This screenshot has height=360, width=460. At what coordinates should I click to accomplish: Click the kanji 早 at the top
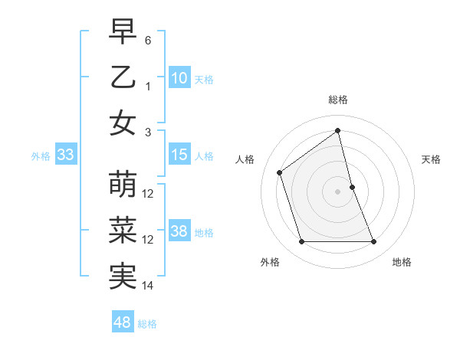point(123,32)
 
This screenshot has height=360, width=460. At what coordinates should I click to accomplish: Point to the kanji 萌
point(123,185)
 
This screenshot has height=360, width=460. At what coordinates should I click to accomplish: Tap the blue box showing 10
point(179,78)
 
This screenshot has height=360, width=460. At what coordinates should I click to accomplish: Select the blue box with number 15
point(179,155)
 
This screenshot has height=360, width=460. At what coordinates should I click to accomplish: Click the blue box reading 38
point(179,232)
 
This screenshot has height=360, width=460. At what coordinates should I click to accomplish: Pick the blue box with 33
point(66,155)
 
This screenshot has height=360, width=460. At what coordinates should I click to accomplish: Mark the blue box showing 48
point(123,322)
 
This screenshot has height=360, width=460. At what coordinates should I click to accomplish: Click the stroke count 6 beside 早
point(149,40)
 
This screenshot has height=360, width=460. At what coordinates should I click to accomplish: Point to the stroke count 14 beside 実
point(149,286)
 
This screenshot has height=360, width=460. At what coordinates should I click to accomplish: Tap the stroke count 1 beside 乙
point(149,87)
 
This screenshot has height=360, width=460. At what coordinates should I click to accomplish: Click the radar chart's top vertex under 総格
point(337,130)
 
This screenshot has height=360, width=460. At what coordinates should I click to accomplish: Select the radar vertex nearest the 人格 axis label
point(280,172)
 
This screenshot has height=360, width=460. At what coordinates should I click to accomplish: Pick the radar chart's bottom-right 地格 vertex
point(373,242)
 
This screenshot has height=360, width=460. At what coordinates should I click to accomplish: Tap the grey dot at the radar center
point(337,191)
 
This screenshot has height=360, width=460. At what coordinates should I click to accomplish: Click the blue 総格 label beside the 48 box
point(147,324)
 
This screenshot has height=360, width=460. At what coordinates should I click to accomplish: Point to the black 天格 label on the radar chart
point(431,159)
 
